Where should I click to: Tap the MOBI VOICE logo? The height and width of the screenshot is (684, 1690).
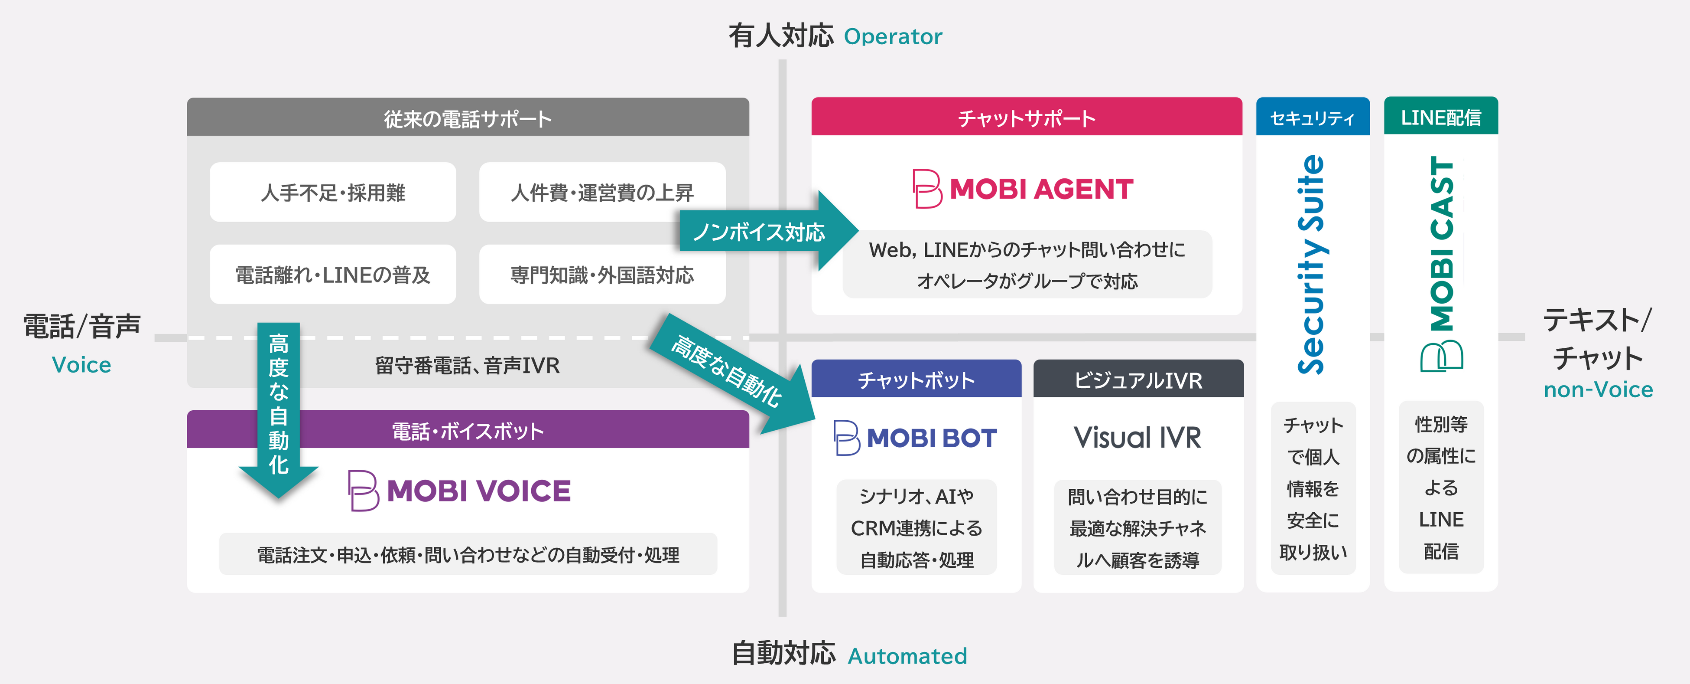point(459,491)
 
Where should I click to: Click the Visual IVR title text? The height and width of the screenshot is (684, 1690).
point(1137,438)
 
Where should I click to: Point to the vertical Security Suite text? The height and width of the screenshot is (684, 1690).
point(1312,265)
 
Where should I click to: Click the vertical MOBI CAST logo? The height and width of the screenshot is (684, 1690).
point(1441,262)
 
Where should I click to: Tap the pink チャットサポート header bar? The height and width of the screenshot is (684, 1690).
point(1026,118)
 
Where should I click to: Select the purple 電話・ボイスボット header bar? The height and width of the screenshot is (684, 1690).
point(467,431)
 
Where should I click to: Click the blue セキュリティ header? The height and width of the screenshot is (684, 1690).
point(1312,118)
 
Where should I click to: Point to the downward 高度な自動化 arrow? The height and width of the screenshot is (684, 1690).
point(279,407)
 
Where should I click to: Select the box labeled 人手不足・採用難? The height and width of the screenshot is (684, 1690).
point(333,192)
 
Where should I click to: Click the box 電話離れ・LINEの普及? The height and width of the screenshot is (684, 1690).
point(333,275)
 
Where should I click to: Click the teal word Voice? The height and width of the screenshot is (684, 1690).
point(81,365)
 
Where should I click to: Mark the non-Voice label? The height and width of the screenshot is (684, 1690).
point(1598,390)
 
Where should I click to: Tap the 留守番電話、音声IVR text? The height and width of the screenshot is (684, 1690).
point(467,366)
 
